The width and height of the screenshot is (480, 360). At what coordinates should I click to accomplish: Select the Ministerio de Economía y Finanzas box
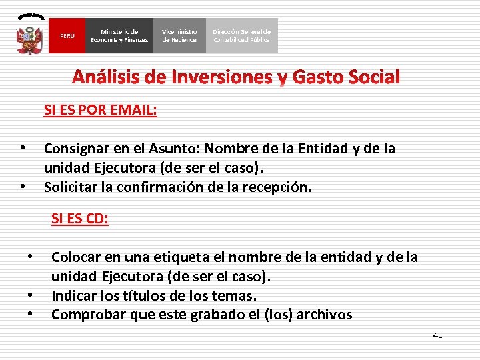pyautogui.click(x=120, y=36)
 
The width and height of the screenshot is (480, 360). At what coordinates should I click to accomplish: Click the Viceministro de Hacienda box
pyautogui.click(x=180, y=36)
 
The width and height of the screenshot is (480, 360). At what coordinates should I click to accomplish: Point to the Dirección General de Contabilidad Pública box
pyautogui.click(x=242, y=36)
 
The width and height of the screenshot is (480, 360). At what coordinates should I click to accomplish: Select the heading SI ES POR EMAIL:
pyautogui.click(x=101, y=110)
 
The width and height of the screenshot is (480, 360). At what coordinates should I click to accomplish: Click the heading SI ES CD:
pyautogui.click(x=80, y=219)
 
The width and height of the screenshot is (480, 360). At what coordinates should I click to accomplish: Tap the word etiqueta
pyautogui.click(x=185, y=257)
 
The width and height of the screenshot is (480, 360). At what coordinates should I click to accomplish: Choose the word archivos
pyautogui.click(x=323, y=315)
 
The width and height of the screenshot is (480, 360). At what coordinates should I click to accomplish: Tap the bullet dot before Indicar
pyautogui.click(x=30, y=295)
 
